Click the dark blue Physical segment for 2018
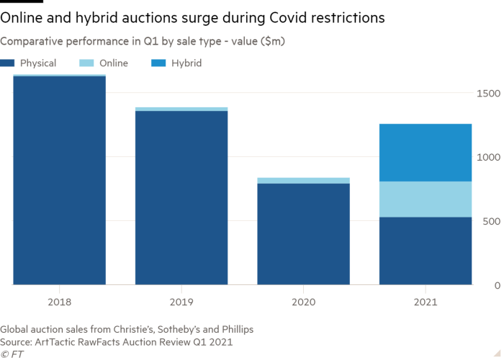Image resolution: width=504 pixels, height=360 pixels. pyautogui.click(x=60, y=180)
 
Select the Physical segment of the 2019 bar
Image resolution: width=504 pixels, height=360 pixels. pyautogui.click(x=181, y=198)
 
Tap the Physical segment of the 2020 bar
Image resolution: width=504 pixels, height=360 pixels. pyautogui.click(x=303, y=234)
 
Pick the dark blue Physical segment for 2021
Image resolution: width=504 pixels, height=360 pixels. pyautogui.click(x=426, y=251)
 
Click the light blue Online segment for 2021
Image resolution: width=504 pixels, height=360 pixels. pyautogui.click(x=426, y=199)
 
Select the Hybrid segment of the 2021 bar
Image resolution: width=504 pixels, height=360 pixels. pyautogui.click(x=426, y=153)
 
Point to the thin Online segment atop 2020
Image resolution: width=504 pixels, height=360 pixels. pyautogui.click(x=303, y=181)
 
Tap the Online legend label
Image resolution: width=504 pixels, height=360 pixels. pyautogui.click(x=114, y=63)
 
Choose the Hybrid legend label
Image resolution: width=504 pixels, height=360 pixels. pyautogui.click(x=187, y=63)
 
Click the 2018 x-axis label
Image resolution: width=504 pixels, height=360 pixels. pyautogui.click(x=60, y=302)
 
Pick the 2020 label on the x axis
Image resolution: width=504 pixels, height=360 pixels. pyautogui.click(x=303, y=302)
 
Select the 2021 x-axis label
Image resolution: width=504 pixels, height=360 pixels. pyautogui.click(x=426, y=302)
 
